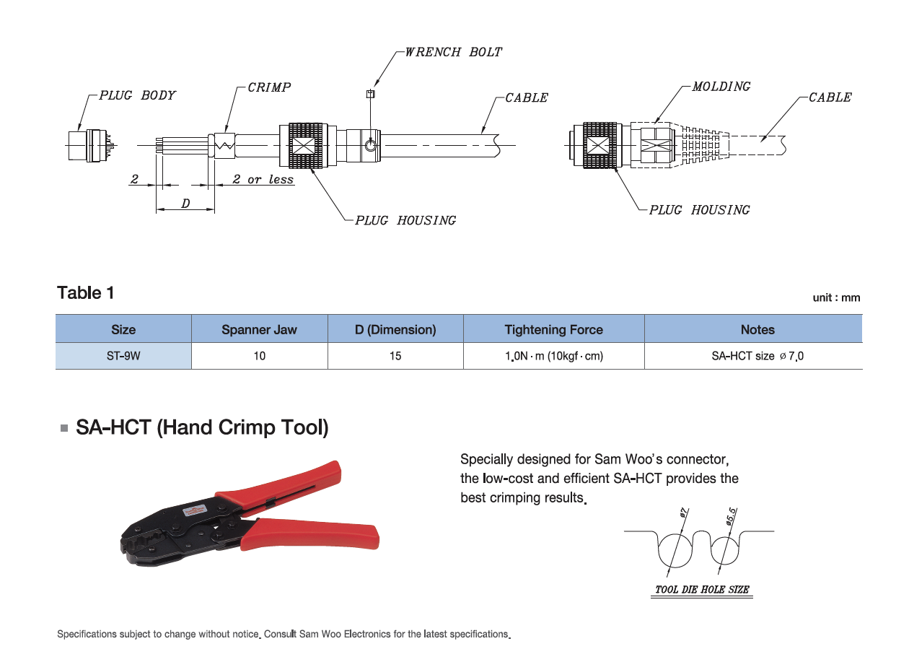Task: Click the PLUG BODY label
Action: click(137, 95)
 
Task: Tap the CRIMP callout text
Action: click(269, 87)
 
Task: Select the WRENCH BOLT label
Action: click(453, 52)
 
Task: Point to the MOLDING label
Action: click(721, 87)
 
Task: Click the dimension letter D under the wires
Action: click(185, 204)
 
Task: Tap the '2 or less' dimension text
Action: click(263, 179)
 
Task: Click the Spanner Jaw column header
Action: click(259, 330)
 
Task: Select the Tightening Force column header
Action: click(553, 330)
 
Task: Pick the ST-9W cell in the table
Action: click(123, 356)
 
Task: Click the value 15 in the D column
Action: click(395, 356)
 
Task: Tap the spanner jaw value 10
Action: click(259, 356)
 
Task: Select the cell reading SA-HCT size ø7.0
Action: click(752, 356)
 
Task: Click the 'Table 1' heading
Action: click(85, 293)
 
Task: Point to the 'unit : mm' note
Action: click(836, 297)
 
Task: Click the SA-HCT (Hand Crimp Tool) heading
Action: click(202, 427)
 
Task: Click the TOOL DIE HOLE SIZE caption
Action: click(701, 590)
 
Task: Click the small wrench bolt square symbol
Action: click(371, 93)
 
